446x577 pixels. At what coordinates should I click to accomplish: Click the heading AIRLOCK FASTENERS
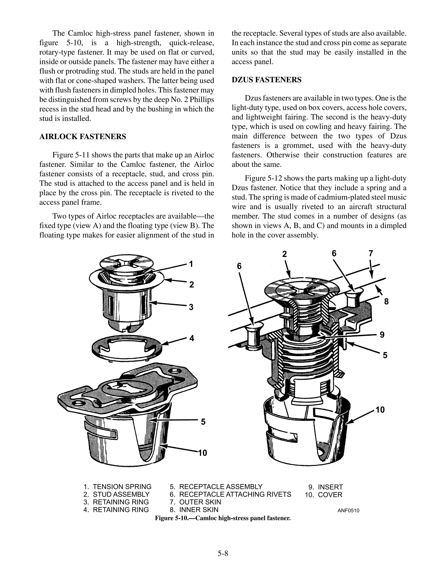[83, 137]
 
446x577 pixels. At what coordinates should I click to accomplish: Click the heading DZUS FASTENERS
[266, 80]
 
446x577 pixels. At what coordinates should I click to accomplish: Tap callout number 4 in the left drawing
[192, 338]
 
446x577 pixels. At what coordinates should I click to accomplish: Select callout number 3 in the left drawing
[191, 307]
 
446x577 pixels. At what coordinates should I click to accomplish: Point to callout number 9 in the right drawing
[382, 335]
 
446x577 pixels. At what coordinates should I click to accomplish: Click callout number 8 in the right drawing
[386, 301]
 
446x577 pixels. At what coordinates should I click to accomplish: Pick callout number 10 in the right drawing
[380, 410]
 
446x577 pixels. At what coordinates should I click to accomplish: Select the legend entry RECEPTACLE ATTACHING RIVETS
[235, 494]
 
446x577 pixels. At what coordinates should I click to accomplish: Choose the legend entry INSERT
[330, 487]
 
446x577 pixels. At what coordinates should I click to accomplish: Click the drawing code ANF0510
[348, 510]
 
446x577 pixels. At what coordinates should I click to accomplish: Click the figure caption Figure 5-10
[223, 518]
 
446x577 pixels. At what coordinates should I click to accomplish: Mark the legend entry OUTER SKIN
[200, 502]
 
